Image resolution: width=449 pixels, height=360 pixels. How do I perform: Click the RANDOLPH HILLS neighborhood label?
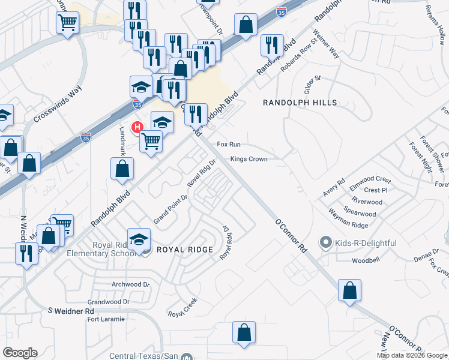pos(300,103)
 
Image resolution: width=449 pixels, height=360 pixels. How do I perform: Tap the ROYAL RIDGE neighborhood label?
pos(184,249)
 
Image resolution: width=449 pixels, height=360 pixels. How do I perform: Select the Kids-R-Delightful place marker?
pos(326,242)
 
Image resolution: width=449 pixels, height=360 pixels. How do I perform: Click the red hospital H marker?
pos(137,127)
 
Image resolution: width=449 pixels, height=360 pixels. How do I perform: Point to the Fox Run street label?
pos(229,145)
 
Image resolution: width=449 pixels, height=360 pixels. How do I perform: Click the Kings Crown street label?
pos(249,160)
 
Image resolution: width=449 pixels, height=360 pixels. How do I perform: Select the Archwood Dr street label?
pos(130,284)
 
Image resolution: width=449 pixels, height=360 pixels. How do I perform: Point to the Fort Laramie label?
pos(106,319)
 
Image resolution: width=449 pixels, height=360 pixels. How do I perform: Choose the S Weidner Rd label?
pos(71,311)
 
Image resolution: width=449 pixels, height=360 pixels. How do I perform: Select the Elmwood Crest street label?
pos(370,179)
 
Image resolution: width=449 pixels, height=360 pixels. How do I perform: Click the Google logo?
pos(20,353)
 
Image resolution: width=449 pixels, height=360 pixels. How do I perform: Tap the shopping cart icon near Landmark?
pos(151,142)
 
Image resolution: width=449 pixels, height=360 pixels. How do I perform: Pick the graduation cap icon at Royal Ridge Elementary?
pos(139,239)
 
